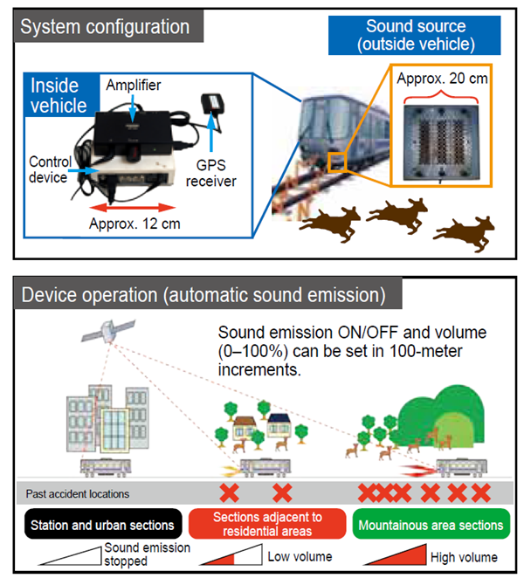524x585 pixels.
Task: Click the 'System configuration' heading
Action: [x=104, y=26]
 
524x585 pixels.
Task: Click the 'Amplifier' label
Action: [x=133, y=84]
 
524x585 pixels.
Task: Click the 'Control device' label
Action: [x=50, y=169]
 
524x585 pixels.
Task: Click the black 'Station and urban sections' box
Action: [x=104, y=526]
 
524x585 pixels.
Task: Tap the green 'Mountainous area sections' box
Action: [x=431, y=526]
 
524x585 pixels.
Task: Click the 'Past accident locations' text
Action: [x=78, y=494]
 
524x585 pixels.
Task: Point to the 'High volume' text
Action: [x=464, y=556]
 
